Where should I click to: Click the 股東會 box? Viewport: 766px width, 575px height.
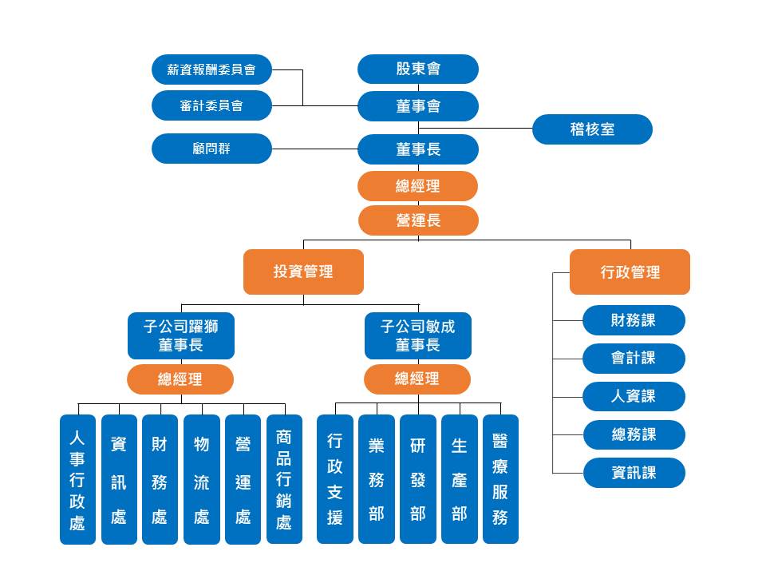pyautogui.click(x=418, y=69)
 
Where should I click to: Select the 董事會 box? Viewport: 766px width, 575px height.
pyautogui.click(x=418, y=106)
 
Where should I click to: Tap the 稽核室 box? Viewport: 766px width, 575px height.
pyautogui.click(x=592, y=129)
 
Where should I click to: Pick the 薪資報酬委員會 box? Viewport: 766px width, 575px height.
pyautogui.click(x=211, y=69)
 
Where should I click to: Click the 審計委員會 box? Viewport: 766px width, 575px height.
pyautogui.click(x=211, y=105)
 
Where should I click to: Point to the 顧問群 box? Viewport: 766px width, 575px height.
pyautogui.click(x=211, y=149)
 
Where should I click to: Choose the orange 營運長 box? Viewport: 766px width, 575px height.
pyautogui.click(x=418, y=220)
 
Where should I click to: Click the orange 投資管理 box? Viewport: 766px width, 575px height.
pyautogui.click(x=303, y=272)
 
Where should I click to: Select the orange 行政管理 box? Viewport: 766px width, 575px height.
pyautogui.click(x=630, y=272)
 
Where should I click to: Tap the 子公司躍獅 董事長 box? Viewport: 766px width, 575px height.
pyautogui.click(x=181, y=335)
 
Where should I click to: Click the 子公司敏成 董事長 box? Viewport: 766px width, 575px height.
pyautogui.click(x=417, y=335)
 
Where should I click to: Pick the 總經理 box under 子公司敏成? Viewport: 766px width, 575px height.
pyautogui.click(x=417, y=379)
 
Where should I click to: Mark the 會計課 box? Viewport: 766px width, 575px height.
pyautogui.click(x=634, y=359)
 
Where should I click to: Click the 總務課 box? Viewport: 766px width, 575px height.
pyautogui.click(x=634, y=434)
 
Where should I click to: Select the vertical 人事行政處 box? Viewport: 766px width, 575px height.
pyautogui.click(x=77, y=479)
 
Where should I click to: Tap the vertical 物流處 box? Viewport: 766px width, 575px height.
pyautogui.click(x=202, y=479)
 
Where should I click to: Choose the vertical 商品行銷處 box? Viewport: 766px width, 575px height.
pyautogui.click(x=284, y=479)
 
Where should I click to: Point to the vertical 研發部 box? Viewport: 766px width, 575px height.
pyautogui.click(x=418, y=479)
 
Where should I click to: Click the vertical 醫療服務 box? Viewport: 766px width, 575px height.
pyautogui.click(x=500, y=479)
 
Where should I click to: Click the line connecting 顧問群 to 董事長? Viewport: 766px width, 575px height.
pyautogui.click(x=315, y=149)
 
